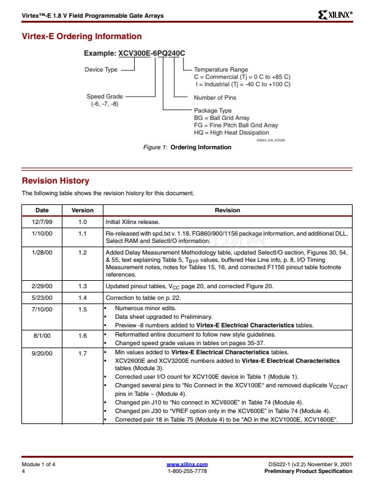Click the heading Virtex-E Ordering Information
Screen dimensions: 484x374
81,37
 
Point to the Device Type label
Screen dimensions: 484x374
101,70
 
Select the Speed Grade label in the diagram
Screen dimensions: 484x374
105,97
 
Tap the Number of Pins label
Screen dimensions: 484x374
215,98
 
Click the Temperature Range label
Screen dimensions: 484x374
221,70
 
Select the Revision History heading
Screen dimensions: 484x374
56,181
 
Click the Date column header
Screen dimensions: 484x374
42,210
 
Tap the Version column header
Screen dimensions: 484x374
83,210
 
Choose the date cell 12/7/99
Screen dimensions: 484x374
42,222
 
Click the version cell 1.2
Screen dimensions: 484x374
83,252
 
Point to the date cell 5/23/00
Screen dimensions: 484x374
42,297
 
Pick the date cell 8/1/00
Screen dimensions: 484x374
42,336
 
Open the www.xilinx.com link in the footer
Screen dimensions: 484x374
187,464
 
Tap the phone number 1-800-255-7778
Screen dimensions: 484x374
187,471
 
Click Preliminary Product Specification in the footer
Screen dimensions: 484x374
308,471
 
